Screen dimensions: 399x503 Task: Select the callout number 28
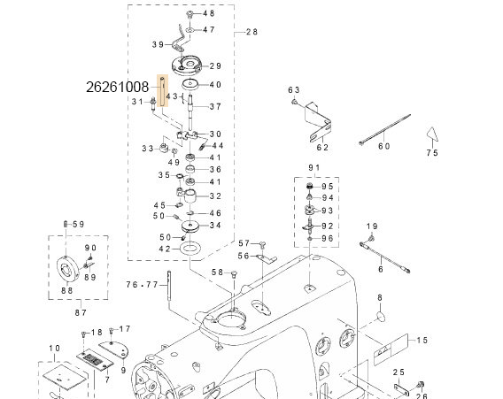(x=251, y=31)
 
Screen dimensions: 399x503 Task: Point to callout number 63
(x=295, y=90)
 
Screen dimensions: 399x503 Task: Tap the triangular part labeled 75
(x=431, y=134)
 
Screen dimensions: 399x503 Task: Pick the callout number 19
(x=373, y=226)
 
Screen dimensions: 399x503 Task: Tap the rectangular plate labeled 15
(x=389, y=342)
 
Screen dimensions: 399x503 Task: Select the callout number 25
(x=399, y=372)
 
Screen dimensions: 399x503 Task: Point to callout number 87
(x=80, y=311)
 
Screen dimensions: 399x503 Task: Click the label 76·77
(x=142, y=285)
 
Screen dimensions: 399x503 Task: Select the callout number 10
(x=55, y=348)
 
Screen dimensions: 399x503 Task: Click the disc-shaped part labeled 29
(x=190, y=65)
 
